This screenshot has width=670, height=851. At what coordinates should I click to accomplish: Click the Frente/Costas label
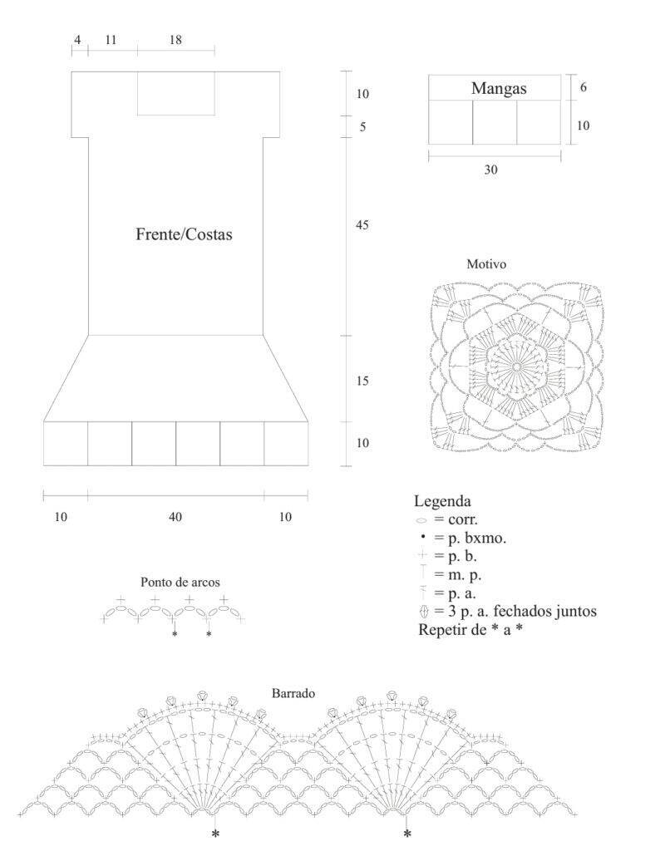pyautogui.click(x=184, y=234)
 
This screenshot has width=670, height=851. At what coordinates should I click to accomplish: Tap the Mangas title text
pyautogui.click(x=499, y=88)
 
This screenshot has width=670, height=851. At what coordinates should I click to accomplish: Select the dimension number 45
pyautogui.click(x=362, y=224)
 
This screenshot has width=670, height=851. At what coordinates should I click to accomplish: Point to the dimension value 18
pyautogui.click(x=175, y=40)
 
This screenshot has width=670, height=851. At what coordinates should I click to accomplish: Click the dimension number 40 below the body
pyautogui.click(x=175, y=517)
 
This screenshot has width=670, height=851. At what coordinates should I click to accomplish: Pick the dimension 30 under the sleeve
pyautogui.click(x=490, y=170)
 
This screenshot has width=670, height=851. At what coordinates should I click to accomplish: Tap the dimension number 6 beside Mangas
pyautogui.click(x=583, y=86)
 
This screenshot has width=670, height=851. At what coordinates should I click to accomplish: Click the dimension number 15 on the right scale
pyautogui.click(x=362, y=381)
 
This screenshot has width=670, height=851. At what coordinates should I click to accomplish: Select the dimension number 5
pyautogui.click(x=362, y=127)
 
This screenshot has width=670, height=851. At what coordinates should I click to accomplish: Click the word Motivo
pyautogui.click(x=486, y=264)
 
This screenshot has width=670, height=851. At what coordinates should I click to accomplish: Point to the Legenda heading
pyautogui.click(x=442, y=501)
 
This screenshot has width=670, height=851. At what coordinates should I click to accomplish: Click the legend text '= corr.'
pyautogui.click(x=456, y=519)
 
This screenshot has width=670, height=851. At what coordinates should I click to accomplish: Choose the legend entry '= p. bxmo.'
pyautogui.click(x=470, y=538)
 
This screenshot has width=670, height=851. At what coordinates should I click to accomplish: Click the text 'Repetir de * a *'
pyautogui.click(x=470, y=630)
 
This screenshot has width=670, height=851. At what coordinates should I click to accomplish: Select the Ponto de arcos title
pyautogui.click(x=180, y=583)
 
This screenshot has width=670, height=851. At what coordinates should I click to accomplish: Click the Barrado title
pyautogui.click(x=293, y=693)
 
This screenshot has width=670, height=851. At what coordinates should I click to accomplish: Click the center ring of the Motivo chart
pyautogui.click(x=517, y=366)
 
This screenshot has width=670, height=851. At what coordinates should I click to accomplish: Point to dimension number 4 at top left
pyautogui.click(x=77, y=40)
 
